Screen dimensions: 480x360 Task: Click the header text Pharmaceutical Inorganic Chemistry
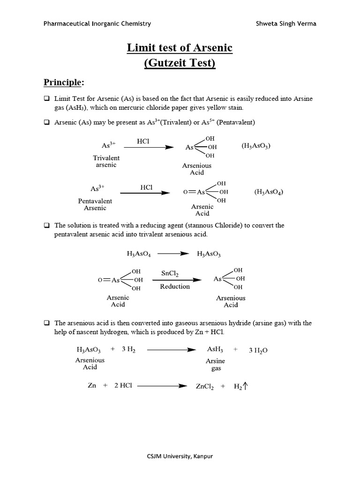click(97, 23)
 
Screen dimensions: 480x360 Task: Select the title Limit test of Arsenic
click(180, 48)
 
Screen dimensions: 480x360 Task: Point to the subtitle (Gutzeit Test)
click(180, 63)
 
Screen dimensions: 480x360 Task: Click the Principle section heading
click(64, 82)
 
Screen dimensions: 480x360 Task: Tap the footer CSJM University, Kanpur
click(180, 456)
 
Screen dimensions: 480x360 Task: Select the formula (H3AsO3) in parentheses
click(256, 146)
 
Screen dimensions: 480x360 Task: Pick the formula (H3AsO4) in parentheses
click(269, 192)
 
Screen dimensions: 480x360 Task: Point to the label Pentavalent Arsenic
click(95, 204)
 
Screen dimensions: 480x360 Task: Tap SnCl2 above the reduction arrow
click(170, 273)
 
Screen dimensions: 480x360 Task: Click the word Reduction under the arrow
click(175, 286)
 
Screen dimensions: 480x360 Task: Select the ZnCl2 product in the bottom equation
click(204, 386)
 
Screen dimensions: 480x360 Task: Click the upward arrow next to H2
click(245, 386)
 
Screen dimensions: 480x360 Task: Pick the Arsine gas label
click(216, 365)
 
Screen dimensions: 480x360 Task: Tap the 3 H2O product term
click(258, 350)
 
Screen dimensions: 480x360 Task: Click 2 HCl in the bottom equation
click(123, 385)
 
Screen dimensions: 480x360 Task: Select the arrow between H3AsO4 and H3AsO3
click(173, 254)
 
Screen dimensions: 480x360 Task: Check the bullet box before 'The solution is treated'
click(47, 225)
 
